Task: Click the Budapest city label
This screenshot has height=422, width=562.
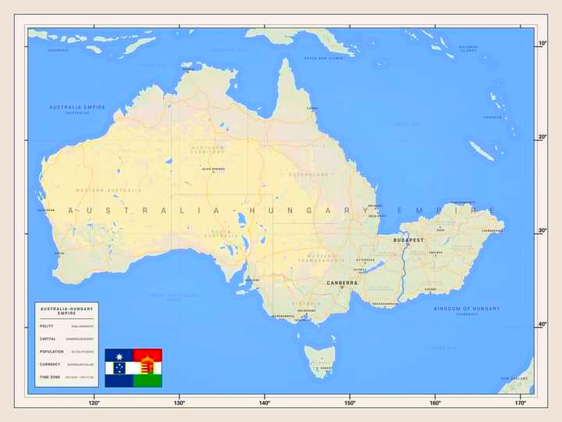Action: click(x=408, y=241)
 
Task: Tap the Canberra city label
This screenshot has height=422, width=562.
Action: click(x=342, y=283)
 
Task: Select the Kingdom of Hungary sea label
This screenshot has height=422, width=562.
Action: click(x=467, y=309)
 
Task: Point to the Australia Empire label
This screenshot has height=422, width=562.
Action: click(x=76, y=108)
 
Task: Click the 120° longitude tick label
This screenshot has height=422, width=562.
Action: click(x=94, y=403)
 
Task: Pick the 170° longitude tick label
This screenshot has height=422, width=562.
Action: click(x=521, y=403)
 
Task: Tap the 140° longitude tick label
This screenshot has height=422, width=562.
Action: click(x=265, y=403)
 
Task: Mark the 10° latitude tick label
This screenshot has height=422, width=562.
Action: click(x=542, y=44)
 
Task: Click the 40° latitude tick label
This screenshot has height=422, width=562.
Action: click(x=542, y=324)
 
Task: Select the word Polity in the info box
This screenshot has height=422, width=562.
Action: click(x=47, y=326)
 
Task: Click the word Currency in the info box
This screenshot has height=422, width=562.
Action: click(x=50, y=364)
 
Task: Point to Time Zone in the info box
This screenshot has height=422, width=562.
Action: click(x=50, y=377)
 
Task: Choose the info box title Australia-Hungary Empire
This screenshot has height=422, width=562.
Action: click(x=66, y=310)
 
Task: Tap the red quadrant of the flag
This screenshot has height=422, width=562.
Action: click(x=148, y=355)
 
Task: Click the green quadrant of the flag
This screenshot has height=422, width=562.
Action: click(x=148, y=381)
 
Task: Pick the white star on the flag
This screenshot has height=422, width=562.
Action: click(x=119, y=367)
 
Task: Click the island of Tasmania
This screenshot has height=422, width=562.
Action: click(x=320, y=360)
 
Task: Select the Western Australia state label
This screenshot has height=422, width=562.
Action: click(x=109, y=190)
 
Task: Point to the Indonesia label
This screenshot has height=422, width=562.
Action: click(x=59, y=50)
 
